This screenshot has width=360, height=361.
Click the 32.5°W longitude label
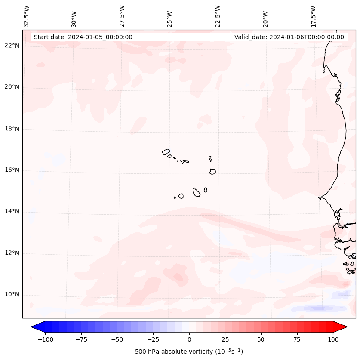[27, 16]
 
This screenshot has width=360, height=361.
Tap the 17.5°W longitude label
[313, 16]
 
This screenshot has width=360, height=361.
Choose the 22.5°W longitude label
[218, 16]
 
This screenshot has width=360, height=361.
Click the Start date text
[83, 37]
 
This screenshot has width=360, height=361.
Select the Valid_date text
[289, 37]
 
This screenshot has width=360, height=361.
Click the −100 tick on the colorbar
[45, 339]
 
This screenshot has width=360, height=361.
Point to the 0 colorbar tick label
[189, 339]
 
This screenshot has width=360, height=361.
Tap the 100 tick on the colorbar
[333, 339]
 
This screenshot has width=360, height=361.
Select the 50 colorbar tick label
[261, 339]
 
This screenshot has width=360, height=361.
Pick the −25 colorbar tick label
[153, 339]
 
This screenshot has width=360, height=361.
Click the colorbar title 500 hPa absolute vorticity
[189, 352]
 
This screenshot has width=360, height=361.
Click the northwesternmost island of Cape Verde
[166, 152]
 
